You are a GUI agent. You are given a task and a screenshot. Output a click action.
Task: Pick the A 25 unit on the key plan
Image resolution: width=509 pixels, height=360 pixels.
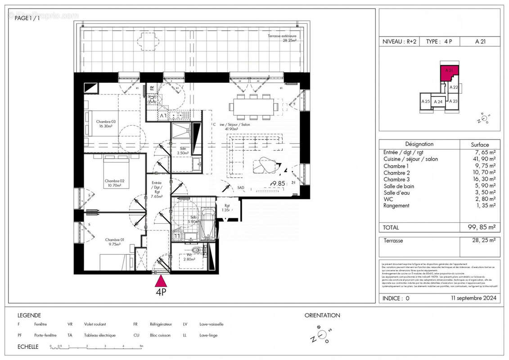pyautogui.click(x=425, y=102)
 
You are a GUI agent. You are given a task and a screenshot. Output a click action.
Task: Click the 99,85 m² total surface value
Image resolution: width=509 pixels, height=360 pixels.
pyautogui.click(x=480, y=228)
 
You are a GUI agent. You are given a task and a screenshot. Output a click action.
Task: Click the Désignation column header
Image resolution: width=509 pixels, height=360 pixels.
pyautogui.click(x=419, y=144)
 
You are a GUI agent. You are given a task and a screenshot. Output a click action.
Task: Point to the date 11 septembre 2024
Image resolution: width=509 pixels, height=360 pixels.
pyautogui.click(x=473, y=298)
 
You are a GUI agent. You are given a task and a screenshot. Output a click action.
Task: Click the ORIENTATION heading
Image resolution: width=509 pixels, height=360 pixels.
pyautogui.click(x=322, y=315)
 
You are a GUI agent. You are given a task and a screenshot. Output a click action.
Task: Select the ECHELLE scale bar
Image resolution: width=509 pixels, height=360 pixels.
pyautogui.click(x=97, y=347)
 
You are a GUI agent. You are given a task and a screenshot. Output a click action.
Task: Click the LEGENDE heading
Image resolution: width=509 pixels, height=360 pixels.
pyautogui.click(x=29, y=315)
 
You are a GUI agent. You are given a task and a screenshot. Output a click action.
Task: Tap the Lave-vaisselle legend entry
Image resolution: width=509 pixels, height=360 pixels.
pyautogui.click(x=212, y=324)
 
